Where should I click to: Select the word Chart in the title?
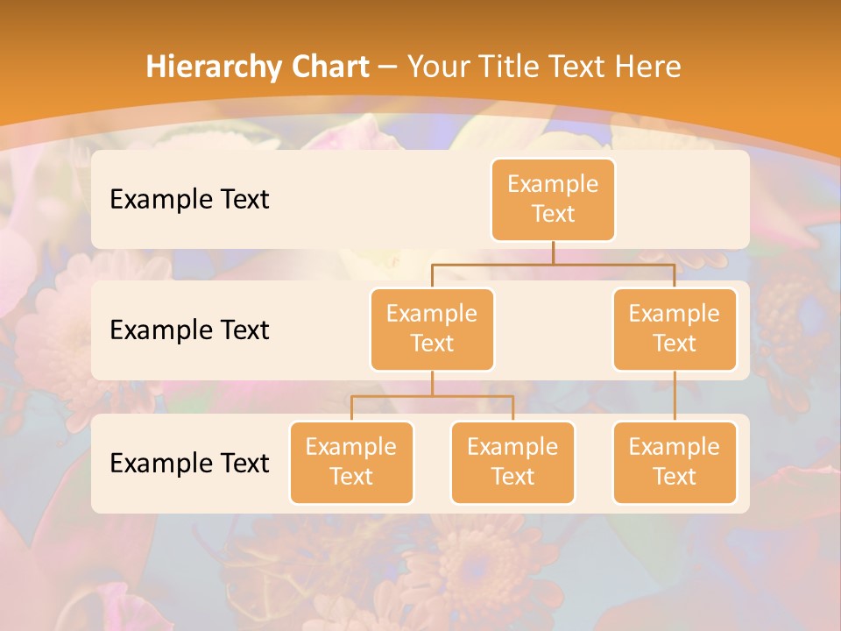click(x=329, y=67)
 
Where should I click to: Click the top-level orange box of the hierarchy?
click(x=553, y=199)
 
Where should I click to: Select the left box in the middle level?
click(x=432, y=329)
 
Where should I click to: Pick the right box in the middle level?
click(x=675, y=329)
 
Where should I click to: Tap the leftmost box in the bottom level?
click(x=351, y=462)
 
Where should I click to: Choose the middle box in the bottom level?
click(x=512, y=462)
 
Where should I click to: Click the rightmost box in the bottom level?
click(x=675, y=462)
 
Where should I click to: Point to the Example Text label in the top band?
click(x=189, y=200)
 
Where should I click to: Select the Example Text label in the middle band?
click(x=189, y=330)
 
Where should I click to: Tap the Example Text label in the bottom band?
click(x=189, y=463)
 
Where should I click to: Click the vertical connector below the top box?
click(x=553, y=252)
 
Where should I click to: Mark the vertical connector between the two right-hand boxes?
click(x=675, y=396)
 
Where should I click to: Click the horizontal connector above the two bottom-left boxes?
click(x=432, y=396)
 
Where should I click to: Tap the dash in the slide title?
click(x=387, y=67)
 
